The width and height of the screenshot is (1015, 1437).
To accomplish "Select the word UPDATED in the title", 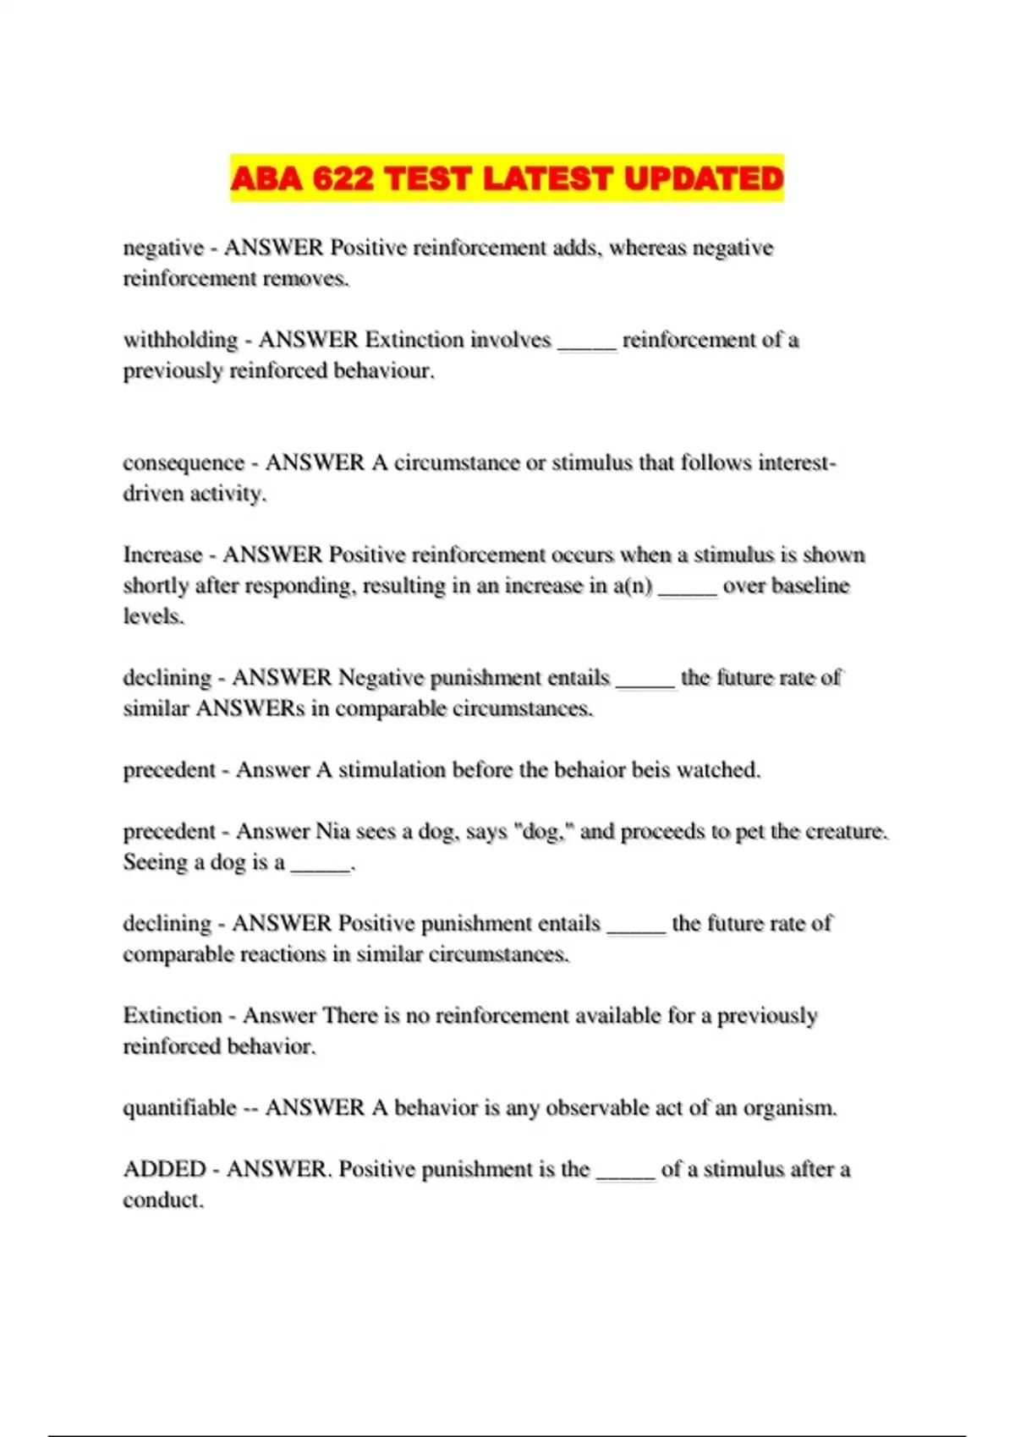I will point(704,178).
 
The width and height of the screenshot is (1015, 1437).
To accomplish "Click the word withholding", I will point(181,340).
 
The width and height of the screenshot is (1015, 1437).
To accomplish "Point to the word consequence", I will point(184,463).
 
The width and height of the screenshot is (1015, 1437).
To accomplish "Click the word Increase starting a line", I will point(163,555).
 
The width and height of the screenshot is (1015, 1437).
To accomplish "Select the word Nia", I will point(332,832).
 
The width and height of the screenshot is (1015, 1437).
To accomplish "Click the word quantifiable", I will point(179,1108).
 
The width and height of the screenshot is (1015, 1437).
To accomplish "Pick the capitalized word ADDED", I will point(165,1170).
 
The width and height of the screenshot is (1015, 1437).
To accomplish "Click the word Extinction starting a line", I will point(173,1016).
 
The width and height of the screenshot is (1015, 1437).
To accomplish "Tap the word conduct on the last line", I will point(163,1200).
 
